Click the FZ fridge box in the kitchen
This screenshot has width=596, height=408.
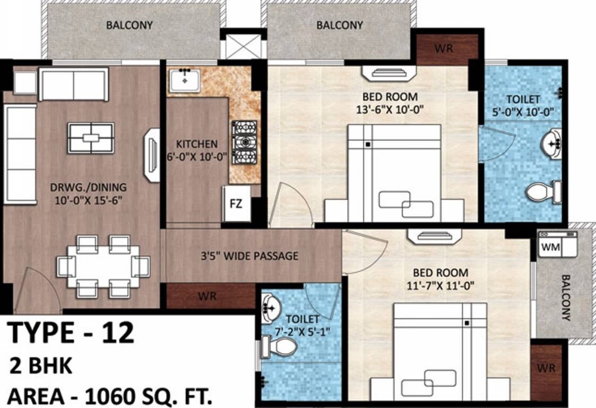click(x=236, y=203)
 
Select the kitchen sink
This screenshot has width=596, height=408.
click(x=185, y=80)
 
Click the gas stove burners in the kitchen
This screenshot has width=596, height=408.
click(x=244, y=142)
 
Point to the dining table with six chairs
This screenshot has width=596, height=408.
click(x=103, y=266)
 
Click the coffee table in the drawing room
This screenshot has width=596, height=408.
click(x=91, y=138)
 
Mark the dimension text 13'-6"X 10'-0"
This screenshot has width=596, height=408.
click(x=390, y=110)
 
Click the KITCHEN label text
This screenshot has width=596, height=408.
click(x=196, y=144)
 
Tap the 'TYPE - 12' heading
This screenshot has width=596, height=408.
click(x=71, y=333)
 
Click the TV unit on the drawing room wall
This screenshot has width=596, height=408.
click(x=152, y=155)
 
